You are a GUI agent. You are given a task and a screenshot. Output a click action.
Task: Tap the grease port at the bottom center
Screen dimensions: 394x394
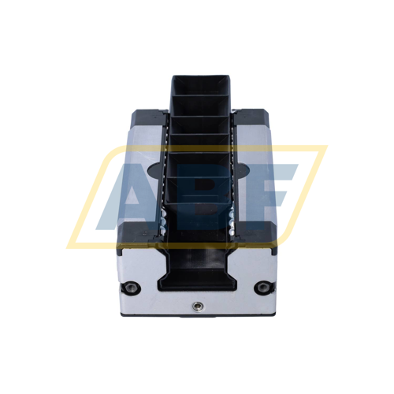tap(196, 304)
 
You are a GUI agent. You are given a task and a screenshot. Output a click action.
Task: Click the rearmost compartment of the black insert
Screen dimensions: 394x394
tap(201, 95)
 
